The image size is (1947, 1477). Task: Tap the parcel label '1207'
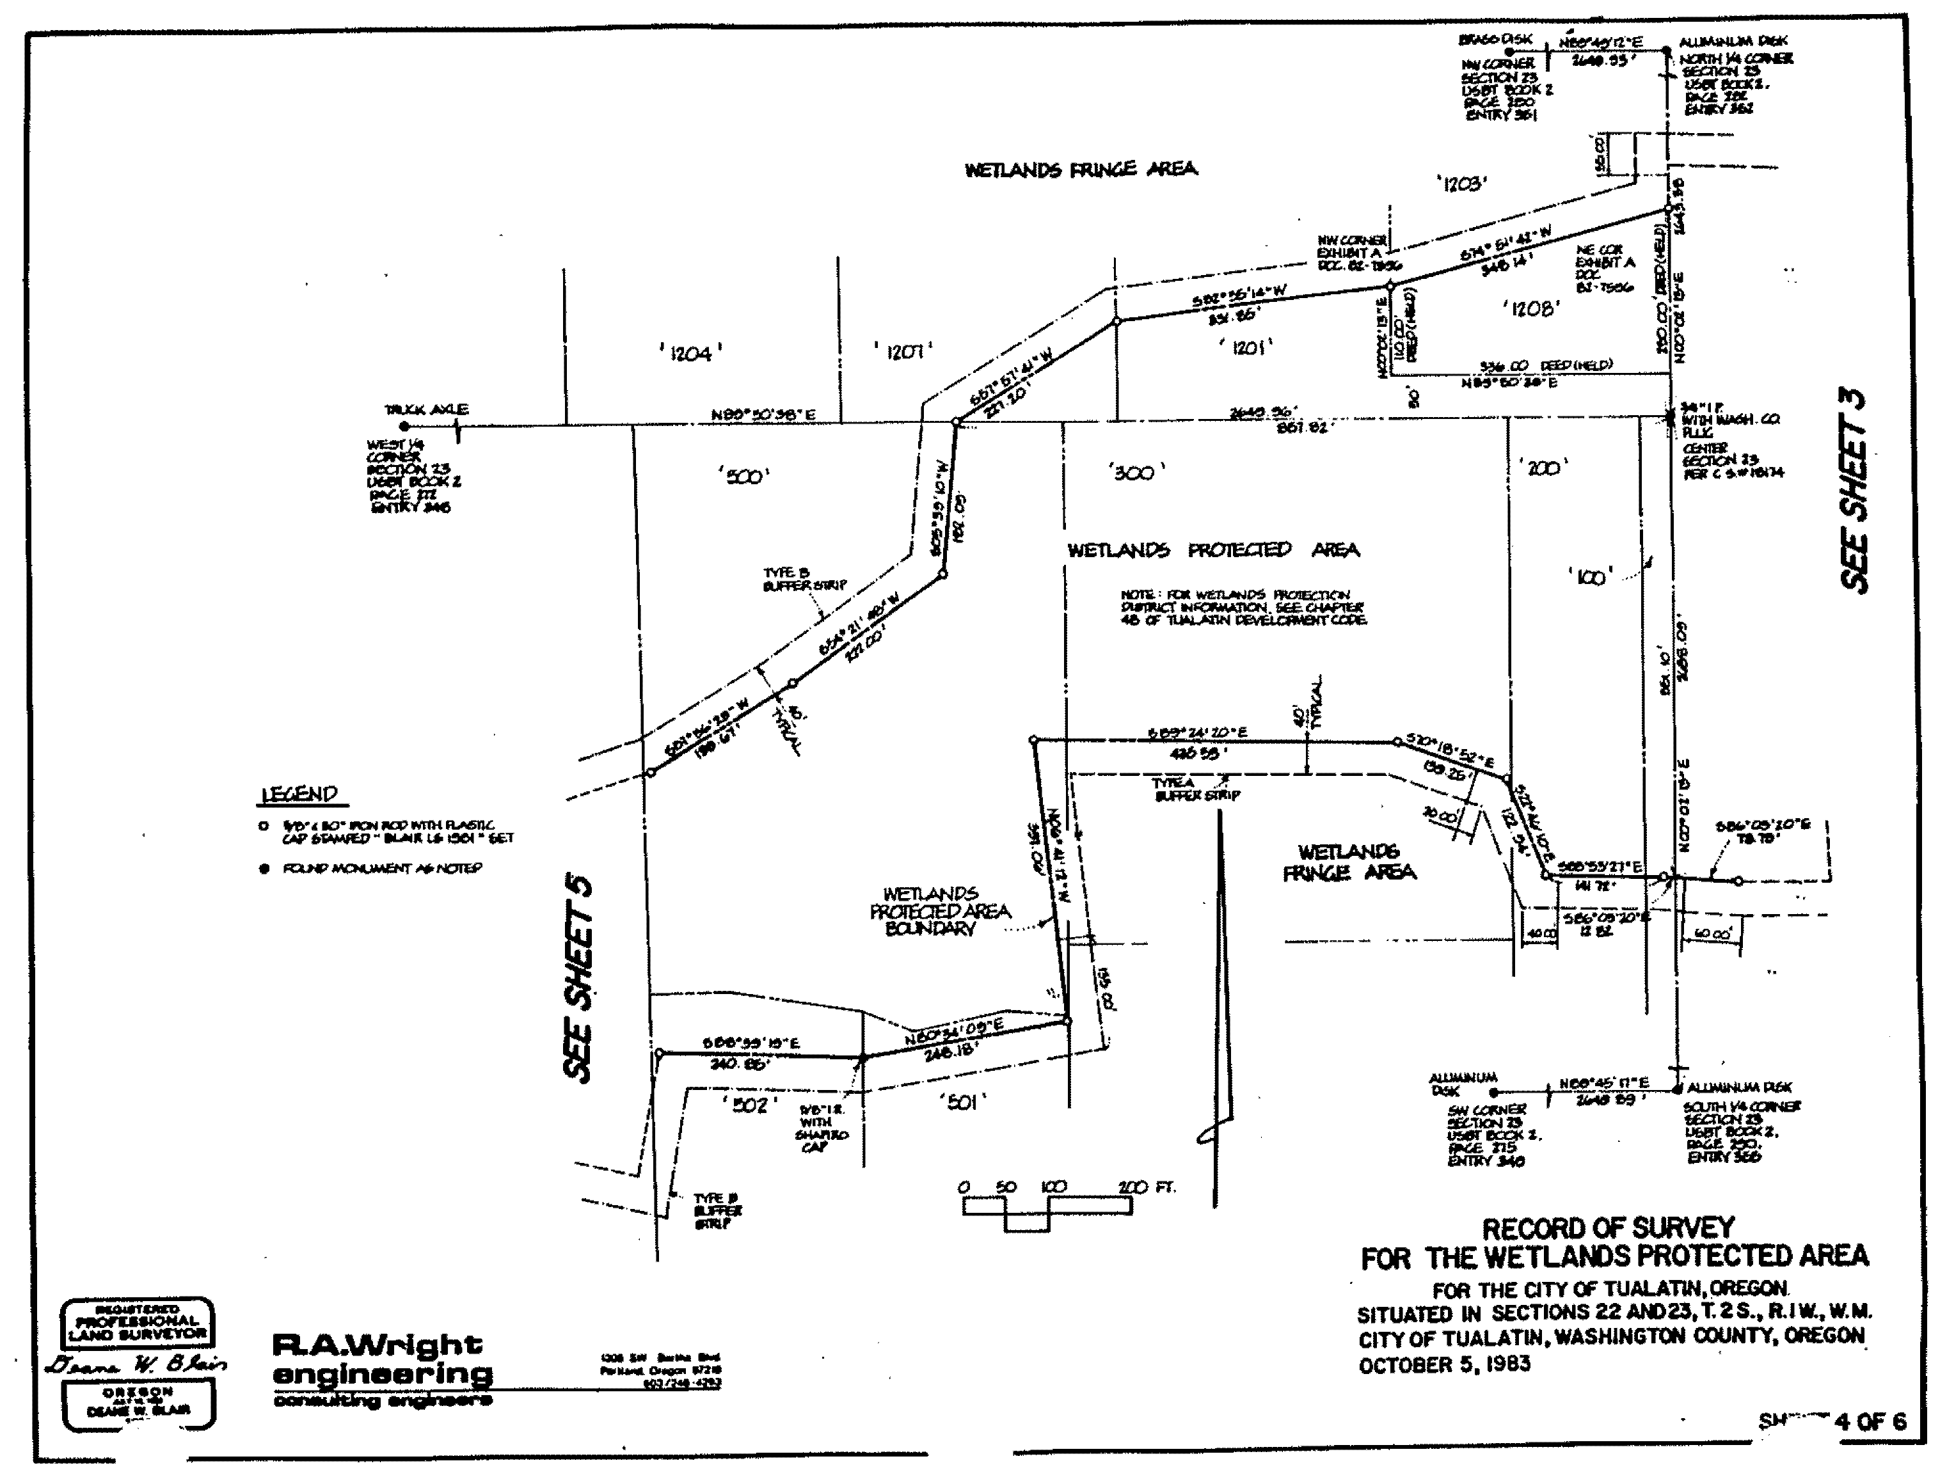pyautogui.click(x=904, y=352)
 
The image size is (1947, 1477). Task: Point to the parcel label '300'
pyautogui.click(x=1136, y=473)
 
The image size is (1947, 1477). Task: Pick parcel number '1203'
pyautogui.click(x=1462, y=184)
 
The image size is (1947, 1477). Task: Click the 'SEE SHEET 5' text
pyautogui.click(x=578, y=978)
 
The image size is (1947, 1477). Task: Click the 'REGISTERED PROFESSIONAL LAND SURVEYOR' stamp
pyautogui.click(x=136, y=1320)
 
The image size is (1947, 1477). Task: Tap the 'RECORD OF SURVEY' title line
pyautogui.click(x=1607, y=1228)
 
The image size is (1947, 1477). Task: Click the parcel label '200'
pyautogui.click(x=1544, y=468)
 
